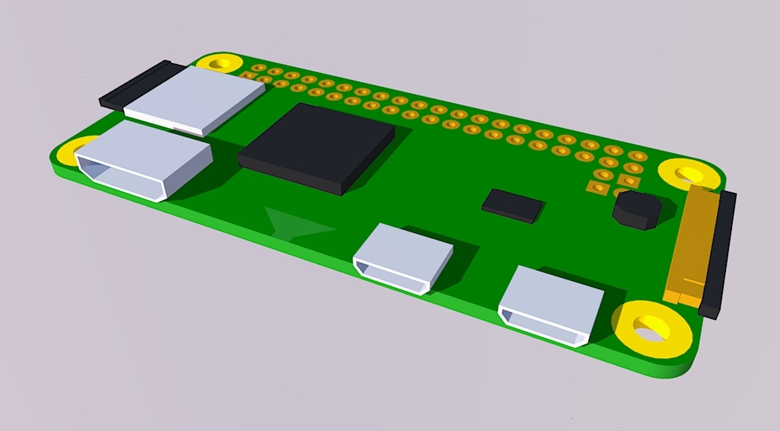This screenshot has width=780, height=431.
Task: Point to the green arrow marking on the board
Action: point(297,224)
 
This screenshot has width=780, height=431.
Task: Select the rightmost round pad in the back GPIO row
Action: point(638,156)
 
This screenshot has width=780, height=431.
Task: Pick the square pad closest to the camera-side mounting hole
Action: point(629,180)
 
